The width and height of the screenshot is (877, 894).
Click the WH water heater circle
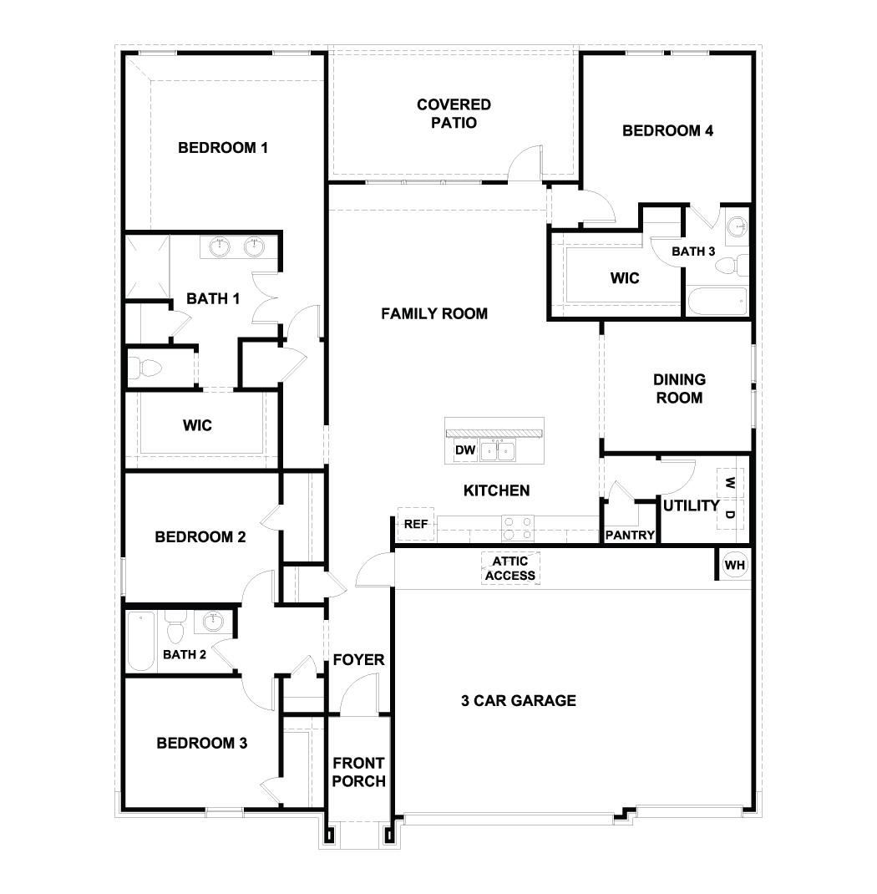734,566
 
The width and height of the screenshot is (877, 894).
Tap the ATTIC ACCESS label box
510,569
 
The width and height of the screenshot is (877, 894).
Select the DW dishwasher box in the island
465,451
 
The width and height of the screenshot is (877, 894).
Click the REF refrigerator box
415,524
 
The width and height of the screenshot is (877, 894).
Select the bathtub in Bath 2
141,641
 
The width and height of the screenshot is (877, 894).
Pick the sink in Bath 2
213,621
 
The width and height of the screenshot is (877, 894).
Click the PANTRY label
630,535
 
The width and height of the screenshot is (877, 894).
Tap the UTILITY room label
691,505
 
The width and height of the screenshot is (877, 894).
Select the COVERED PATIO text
454,114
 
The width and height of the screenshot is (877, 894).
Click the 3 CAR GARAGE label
519,700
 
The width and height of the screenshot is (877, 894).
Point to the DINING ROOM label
678,389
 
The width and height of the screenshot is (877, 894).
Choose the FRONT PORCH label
358,772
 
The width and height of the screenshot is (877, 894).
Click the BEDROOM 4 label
667,130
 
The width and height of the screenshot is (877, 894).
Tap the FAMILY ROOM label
434,313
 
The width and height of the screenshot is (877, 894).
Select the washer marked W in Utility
729,483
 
